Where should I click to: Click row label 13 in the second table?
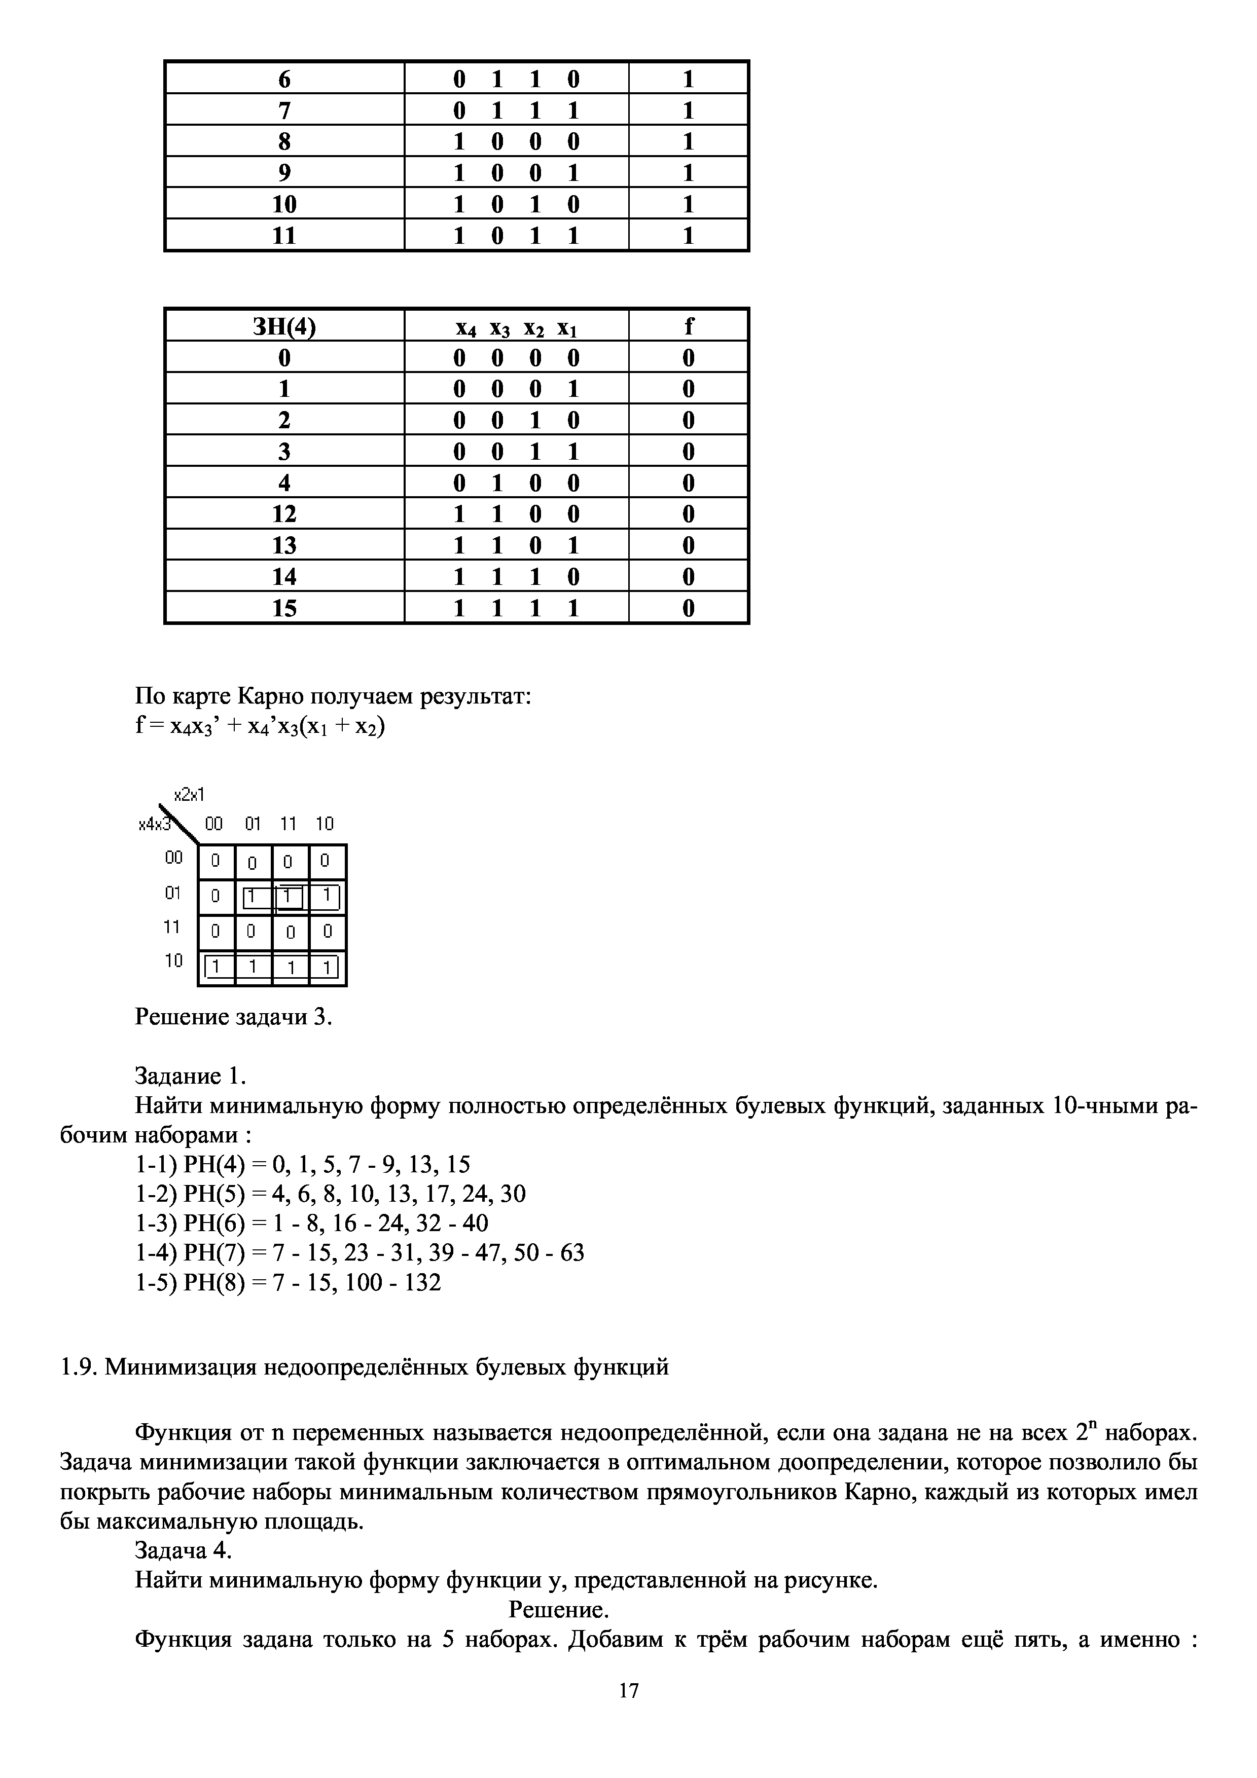[284, 546]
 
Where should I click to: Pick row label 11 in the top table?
[284, 235]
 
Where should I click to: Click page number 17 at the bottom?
[629, 1690]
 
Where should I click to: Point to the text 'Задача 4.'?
[184, 1551]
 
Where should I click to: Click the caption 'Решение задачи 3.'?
[233, 1017]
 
